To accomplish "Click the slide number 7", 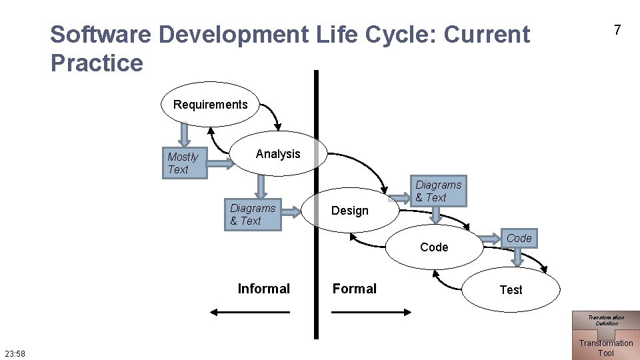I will point(617,30).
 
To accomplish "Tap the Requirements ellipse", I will point(210,105).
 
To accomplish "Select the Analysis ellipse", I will point(278,154).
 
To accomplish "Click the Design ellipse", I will point(350,211).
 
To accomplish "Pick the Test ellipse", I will point(511,290).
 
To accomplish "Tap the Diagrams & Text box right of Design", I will point(439,191).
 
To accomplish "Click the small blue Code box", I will point(519,239).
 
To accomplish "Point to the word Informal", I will point(263,289).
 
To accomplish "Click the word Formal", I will point(354,289).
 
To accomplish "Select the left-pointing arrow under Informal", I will point(249,312).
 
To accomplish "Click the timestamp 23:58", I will point(15,353).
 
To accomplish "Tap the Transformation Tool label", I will point(605,348).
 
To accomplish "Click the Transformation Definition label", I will point(605,320).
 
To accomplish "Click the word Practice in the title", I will point(97,63).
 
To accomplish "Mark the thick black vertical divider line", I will point(317,200).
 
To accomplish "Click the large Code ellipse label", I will point(434,247).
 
